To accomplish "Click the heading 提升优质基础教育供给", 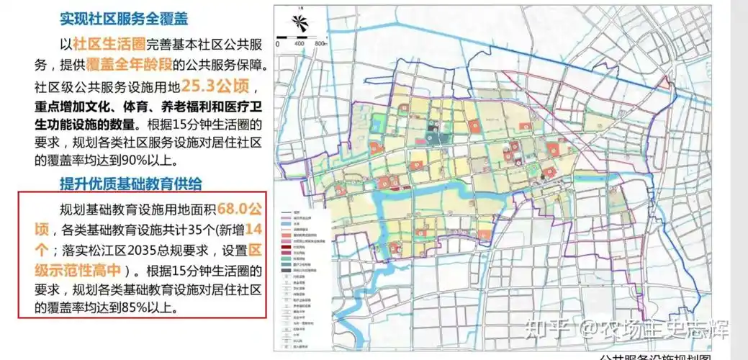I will pyautogui.click(x=130, y=182).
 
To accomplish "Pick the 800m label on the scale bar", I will pyautogui.click(x=322, y=44).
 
